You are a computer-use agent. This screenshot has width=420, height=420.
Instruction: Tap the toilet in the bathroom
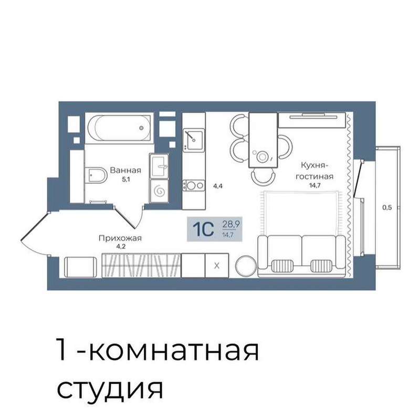(x=96, y=175)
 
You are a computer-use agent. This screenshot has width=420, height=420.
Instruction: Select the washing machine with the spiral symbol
(x=159, y=191)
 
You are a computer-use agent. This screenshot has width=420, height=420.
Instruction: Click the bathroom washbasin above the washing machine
(x=159, y=166)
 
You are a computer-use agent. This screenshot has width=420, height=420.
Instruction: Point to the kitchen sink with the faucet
(x=194, y=139)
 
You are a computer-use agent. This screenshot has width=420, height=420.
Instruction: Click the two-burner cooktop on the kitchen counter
(x=194, y=185)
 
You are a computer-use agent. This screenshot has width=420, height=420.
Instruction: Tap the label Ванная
(x=125, y=170)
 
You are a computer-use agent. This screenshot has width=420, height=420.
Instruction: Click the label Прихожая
(x=120, y=238)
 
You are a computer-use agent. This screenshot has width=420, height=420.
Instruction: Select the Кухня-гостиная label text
(x=314, y=171)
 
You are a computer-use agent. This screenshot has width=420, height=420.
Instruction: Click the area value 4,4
(x=218, y=186)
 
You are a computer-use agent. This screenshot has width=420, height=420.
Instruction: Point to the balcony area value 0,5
(x=387, y=207)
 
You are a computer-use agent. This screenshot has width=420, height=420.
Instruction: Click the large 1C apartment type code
(x=203, y=229)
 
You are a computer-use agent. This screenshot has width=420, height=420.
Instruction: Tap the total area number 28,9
(x=230, y=224)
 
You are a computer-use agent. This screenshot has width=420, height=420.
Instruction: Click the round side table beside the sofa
(x=246, y=266)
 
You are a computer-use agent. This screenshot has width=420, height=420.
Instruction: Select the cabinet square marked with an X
(x=217, y=266)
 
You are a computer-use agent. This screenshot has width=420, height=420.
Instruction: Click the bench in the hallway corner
(x=81, y=267)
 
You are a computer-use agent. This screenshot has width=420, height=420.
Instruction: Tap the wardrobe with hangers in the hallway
(x=141, y=266)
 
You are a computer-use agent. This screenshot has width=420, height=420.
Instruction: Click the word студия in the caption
(x=110, y=390)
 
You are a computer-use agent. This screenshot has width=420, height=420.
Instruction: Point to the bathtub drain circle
(x=141, y=128)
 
